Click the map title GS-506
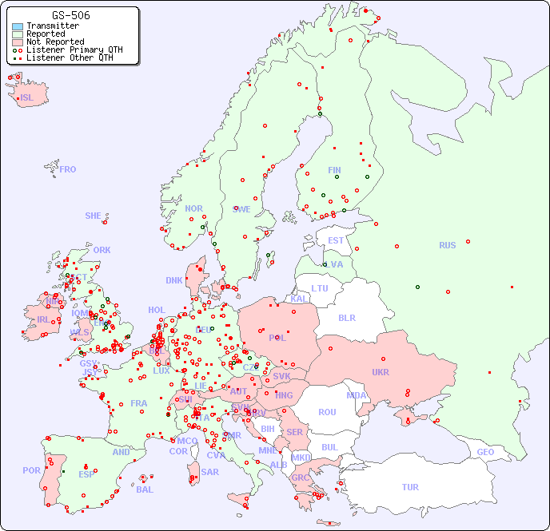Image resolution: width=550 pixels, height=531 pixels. coord(70,15)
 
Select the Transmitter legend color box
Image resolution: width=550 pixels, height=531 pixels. coord(18,26)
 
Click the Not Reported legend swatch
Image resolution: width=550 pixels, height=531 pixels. coord(18,42)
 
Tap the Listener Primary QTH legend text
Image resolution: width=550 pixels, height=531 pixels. coord(74,50)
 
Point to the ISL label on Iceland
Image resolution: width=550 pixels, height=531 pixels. coord(26,98)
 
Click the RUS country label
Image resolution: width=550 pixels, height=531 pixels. coord(447,245)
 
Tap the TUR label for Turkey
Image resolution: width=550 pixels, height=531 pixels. coord(410,487)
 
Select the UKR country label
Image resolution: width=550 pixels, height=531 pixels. coord(380,372)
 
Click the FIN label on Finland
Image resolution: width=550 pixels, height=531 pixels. coord(334,170)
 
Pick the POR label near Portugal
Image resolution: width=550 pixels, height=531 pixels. coord(31,470)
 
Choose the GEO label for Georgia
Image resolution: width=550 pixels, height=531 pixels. coord(485,452)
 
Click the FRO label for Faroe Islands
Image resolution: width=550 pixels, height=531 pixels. coord(68,169)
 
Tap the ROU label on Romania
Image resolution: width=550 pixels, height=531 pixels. coord(327,412)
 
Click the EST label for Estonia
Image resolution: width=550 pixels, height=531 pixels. coord(336,240)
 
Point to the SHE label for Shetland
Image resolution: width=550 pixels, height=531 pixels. coord(94,216)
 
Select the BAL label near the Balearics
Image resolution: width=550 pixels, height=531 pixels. coord(144,489)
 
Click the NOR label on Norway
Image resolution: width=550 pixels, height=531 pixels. coord(193,208)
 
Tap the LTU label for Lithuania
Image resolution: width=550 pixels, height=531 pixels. coord(320,288)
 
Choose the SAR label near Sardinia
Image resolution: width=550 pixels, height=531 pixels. coord(209,472)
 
